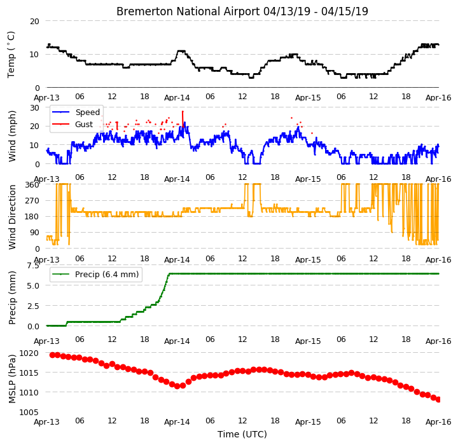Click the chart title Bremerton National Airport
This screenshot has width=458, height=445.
188,11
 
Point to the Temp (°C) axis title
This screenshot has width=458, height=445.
11,55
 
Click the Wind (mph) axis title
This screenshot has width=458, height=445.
12,136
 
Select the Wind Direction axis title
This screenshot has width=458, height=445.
12,217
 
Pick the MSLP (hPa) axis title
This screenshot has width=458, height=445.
12,379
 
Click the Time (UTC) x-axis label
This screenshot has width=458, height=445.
242,434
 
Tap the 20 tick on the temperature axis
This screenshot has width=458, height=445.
34,22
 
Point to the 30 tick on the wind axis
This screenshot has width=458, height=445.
34,107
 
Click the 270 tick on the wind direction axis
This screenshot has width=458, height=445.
32,201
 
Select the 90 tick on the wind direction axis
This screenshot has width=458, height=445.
34,233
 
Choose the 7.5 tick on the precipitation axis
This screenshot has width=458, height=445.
33,266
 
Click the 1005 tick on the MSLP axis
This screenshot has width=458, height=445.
29,413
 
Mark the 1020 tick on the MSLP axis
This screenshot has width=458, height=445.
29,353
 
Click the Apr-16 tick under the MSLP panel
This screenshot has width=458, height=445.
438,422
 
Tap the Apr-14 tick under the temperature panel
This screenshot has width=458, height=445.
177,97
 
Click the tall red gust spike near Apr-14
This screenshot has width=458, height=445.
183,119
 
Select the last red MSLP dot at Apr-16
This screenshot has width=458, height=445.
438,400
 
